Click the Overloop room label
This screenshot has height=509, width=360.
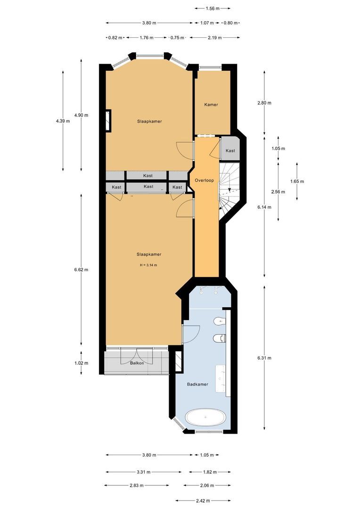[205, 181]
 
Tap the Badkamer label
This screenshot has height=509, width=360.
[197, 384]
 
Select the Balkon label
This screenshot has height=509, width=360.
[137, 363]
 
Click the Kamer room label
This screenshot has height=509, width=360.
[211, 105]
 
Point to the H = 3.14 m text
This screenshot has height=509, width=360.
[148, 265]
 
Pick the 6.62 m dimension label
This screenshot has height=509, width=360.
[81, 270]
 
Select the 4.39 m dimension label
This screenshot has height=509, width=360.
[63, 121]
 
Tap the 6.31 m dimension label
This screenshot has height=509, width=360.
[264, 358]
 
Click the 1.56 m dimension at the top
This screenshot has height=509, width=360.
[212, 8]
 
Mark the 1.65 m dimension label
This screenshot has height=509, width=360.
[297, 181]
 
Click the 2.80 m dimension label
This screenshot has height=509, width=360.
[264, 103]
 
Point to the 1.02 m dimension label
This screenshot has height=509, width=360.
[81, 363]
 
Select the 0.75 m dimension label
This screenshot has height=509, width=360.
[177, 38]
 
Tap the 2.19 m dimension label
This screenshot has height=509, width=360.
[215, 38]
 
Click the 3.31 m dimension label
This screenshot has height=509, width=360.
[143, 472]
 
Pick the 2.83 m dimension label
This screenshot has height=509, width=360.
[137, 485]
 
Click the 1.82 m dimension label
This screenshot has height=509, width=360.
[210, 472]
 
